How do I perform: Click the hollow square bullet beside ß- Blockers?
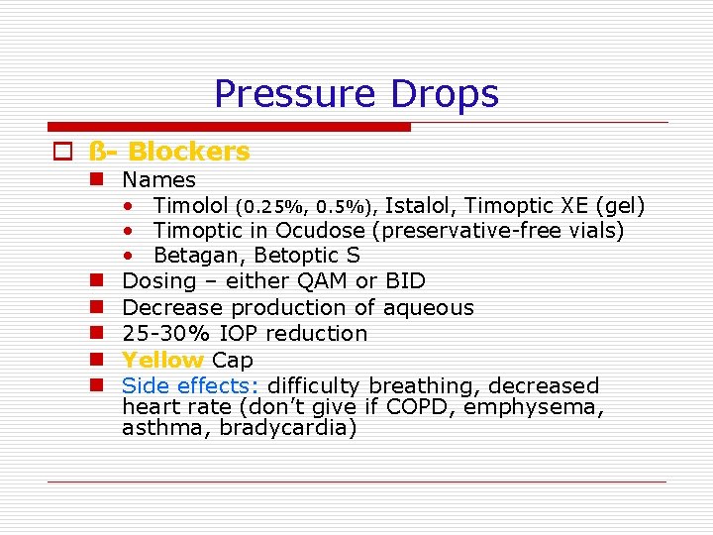63,153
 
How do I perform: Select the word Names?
158,180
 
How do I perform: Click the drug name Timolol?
191,206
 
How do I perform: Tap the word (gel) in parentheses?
619,206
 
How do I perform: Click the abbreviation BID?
406,281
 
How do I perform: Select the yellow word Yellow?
162,360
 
